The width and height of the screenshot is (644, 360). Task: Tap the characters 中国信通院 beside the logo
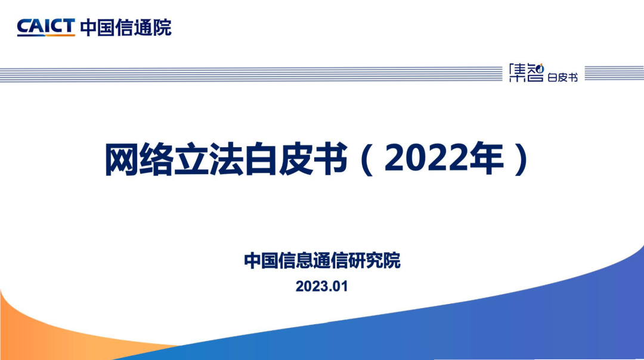tap(126, 27)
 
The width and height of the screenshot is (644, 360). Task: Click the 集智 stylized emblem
tap(527, 73)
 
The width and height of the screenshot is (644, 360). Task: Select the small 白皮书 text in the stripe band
tap(563, 77)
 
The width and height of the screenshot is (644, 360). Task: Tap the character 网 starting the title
tap(122, 159)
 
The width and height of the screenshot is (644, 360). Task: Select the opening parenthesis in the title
tap(366, 159)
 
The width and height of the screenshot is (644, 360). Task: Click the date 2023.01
tap(321, 286)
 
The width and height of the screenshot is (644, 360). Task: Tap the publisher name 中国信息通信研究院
tap(322, 260)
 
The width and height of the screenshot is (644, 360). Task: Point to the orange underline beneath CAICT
tap(46, 35)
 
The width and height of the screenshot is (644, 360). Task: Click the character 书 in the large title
tap(331, 159)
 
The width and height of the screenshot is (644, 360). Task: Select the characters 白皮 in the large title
tap(278, 159)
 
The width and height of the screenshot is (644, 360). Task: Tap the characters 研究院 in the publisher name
tap(374, 260)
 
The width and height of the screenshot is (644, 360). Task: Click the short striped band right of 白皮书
tap(614, 73)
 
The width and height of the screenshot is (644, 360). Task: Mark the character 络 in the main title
tap(156, 159)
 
